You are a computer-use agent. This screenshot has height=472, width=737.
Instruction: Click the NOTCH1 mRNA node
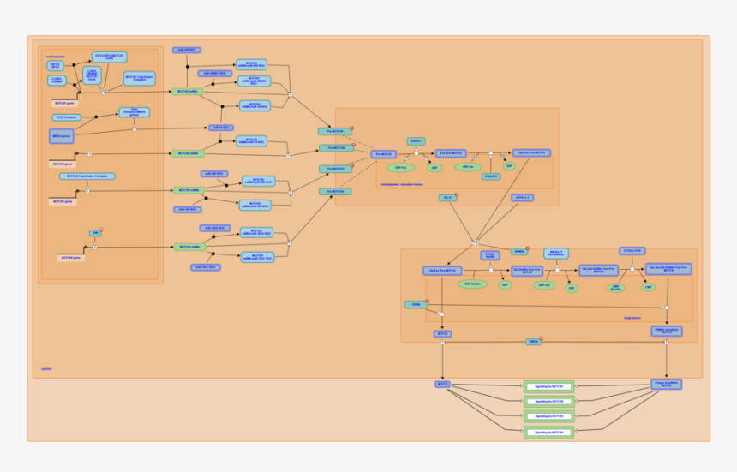pyautogui.click(x=187, y=91)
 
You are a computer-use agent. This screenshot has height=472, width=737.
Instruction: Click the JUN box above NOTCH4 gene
pyautogui.click(x=95, y=232)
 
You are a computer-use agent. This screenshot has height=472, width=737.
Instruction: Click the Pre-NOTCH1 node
pyautogui.click(x=335, y=131)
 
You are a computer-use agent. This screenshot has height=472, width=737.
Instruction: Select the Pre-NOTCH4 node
pyautogui.click(x=335, y=191)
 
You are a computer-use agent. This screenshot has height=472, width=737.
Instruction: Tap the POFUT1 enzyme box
pyautogui.click(x=416, y=140)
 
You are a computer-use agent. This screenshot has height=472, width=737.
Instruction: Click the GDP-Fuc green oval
pyautogui.click(x=400, y=167)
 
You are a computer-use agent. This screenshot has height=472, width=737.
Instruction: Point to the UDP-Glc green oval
pyautogui.click(x=467, y=167)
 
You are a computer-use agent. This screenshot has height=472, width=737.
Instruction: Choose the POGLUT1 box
pyautogui.click(x=491, y=176)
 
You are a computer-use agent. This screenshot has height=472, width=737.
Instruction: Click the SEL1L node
pyautogui.click(x=446, y=197)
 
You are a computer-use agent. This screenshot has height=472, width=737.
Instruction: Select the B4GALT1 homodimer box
pyautogui.click(x=555, y=253)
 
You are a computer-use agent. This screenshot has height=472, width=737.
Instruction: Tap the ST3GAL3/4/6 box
pyautogui.click(x=632, y=251)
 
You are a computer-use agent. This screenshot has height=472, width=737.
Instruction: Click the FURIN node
pyautogui.click(x=416, y=304)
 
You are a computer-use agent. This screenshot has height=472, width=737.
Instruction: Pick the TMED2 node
pyautogui.click(x=533, y=342)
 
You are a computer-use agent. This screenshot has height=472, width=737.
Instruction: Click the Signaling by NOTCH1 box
pyautogui.click(x=548, y=386)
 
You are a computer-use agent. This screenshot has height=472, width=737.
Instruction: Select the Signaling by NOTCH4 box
pyautogui.click(x=548, y=433)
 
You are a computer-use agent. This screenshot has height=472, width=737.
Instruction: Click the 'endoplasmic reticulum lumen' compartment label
pyautogui.click(x=402, y=183)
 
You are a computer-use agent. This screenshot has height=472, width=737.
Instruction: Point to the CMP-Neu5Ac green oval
pyautogui.click(x=616, y=287)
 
